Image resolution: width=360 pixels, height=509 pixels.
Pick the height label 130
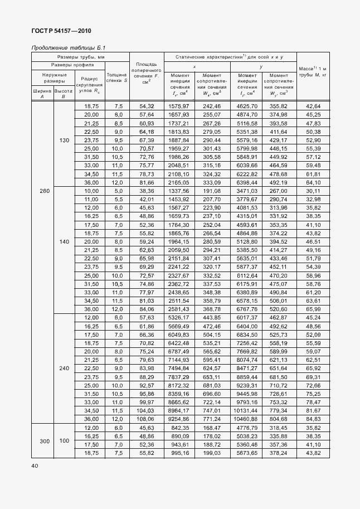[64, 140]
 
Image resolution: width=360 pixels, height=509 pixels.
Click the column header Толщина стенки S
[117, 77]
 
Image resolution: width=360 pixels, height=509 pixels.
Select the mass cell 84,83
[314, 419]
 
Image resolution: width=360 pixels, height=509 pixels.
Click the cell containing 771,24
[212, 419]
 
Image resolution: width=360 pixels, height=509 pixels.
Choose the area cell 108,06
[146, 419]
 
